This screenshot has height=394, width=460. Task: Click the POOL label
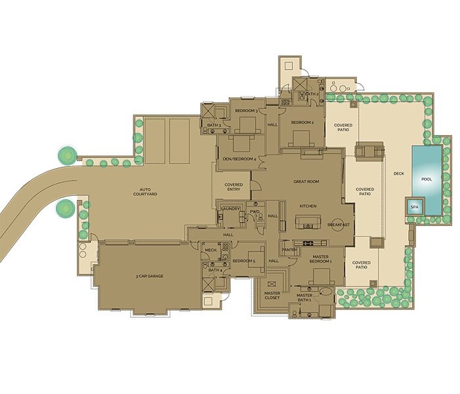click(426, 179)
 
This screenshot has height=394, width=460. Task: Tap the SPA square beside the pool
click(415, 207)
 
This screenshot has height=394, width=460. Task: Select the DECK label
click(399, 173)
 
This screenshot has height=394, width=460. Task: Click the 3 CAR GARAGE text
click(149, 276)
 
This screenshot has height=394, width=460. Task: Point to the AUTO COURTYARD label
click(145, 192)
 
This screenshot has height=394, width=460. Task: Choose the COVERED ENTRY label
click(233, 187)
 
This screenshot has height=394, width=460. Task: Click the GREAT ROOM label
click(306, 181)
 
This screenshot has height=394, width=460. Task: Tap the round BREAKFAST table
click(338, 225)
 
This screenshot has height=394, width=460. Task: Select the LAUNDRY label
click(231, 209)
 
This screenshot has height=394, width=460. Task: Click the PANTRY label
click(290, 250)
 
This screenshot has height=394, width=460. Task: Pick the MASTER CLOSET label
click(272, 295)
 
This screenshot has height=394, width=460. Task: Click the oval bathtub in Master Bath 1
click(326, 292)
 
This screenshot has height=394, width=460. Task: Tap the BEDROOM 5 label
click(244, 261)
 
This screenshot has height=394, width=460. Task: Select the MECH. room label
click(211, 250)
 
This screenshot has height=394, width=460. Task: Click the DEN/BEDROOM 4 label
click(239, 159)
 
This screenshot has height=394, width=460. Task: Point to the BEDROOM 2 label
click(302, 122)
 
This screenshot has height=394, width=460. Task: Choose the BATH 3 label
click(214, 125)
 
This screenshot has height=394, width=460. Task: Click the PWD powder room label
click(254, 211)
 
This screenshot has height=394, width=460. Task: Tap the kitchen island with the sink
click(308, 222)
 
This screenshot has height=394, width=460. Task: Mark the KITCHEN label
click(308, 206)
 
